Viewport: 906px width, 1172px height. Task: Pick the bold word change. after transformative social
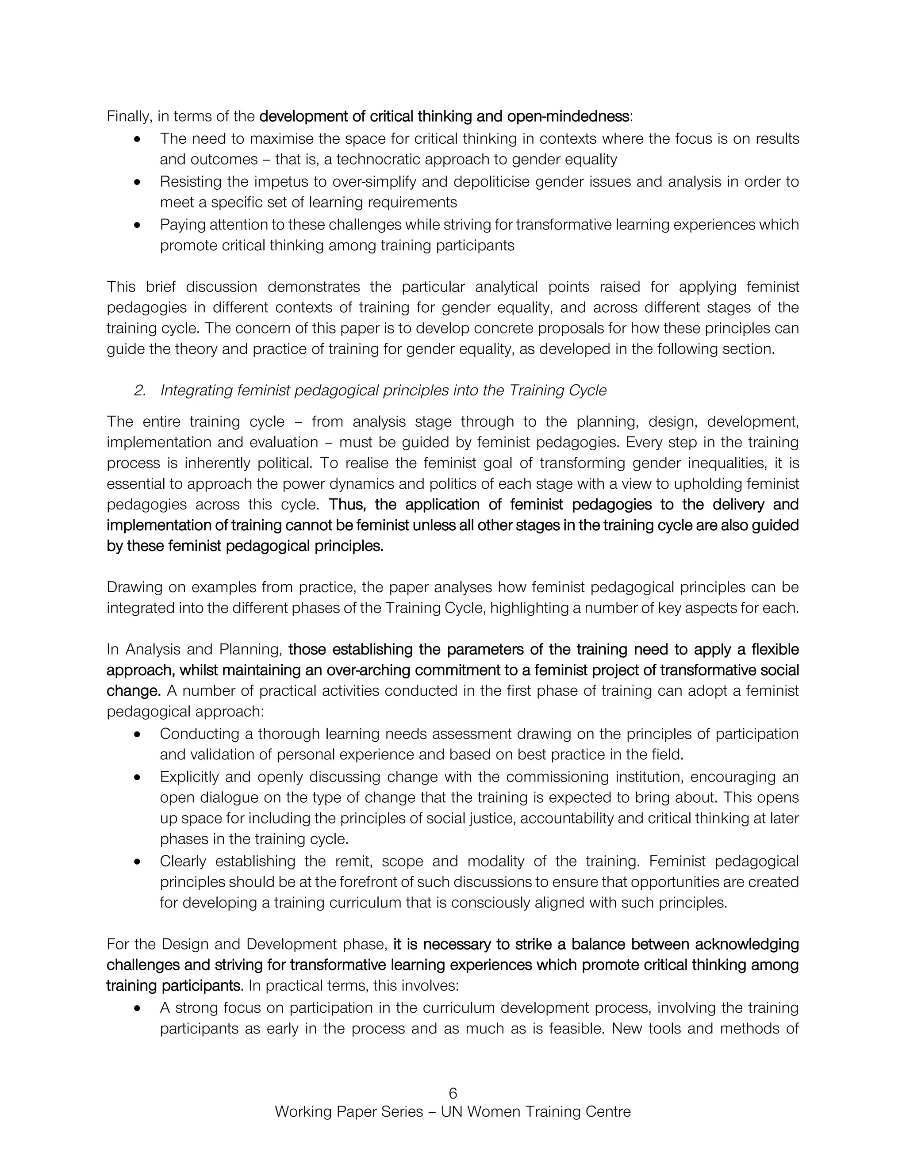point(134,691)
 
